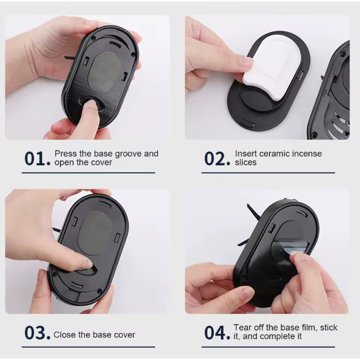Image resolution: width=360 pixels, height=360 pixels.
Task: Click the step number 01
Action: click(x=37, y=158)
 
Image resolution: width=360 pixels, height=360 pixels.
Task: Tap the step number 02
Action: click(x=217, y=158)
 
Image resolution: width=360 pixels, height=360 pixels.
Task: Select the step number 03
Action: click(x=37, y=333)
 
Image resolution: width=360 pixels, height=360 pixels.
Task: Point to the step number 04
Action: click(x=217, y=333)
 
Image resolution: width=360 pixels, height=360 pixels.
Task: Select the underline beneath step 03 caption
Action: click(x=88, y=347)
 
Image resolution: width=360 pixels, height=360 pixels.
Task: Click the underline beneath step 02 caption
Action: click(x=268, y=173)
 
